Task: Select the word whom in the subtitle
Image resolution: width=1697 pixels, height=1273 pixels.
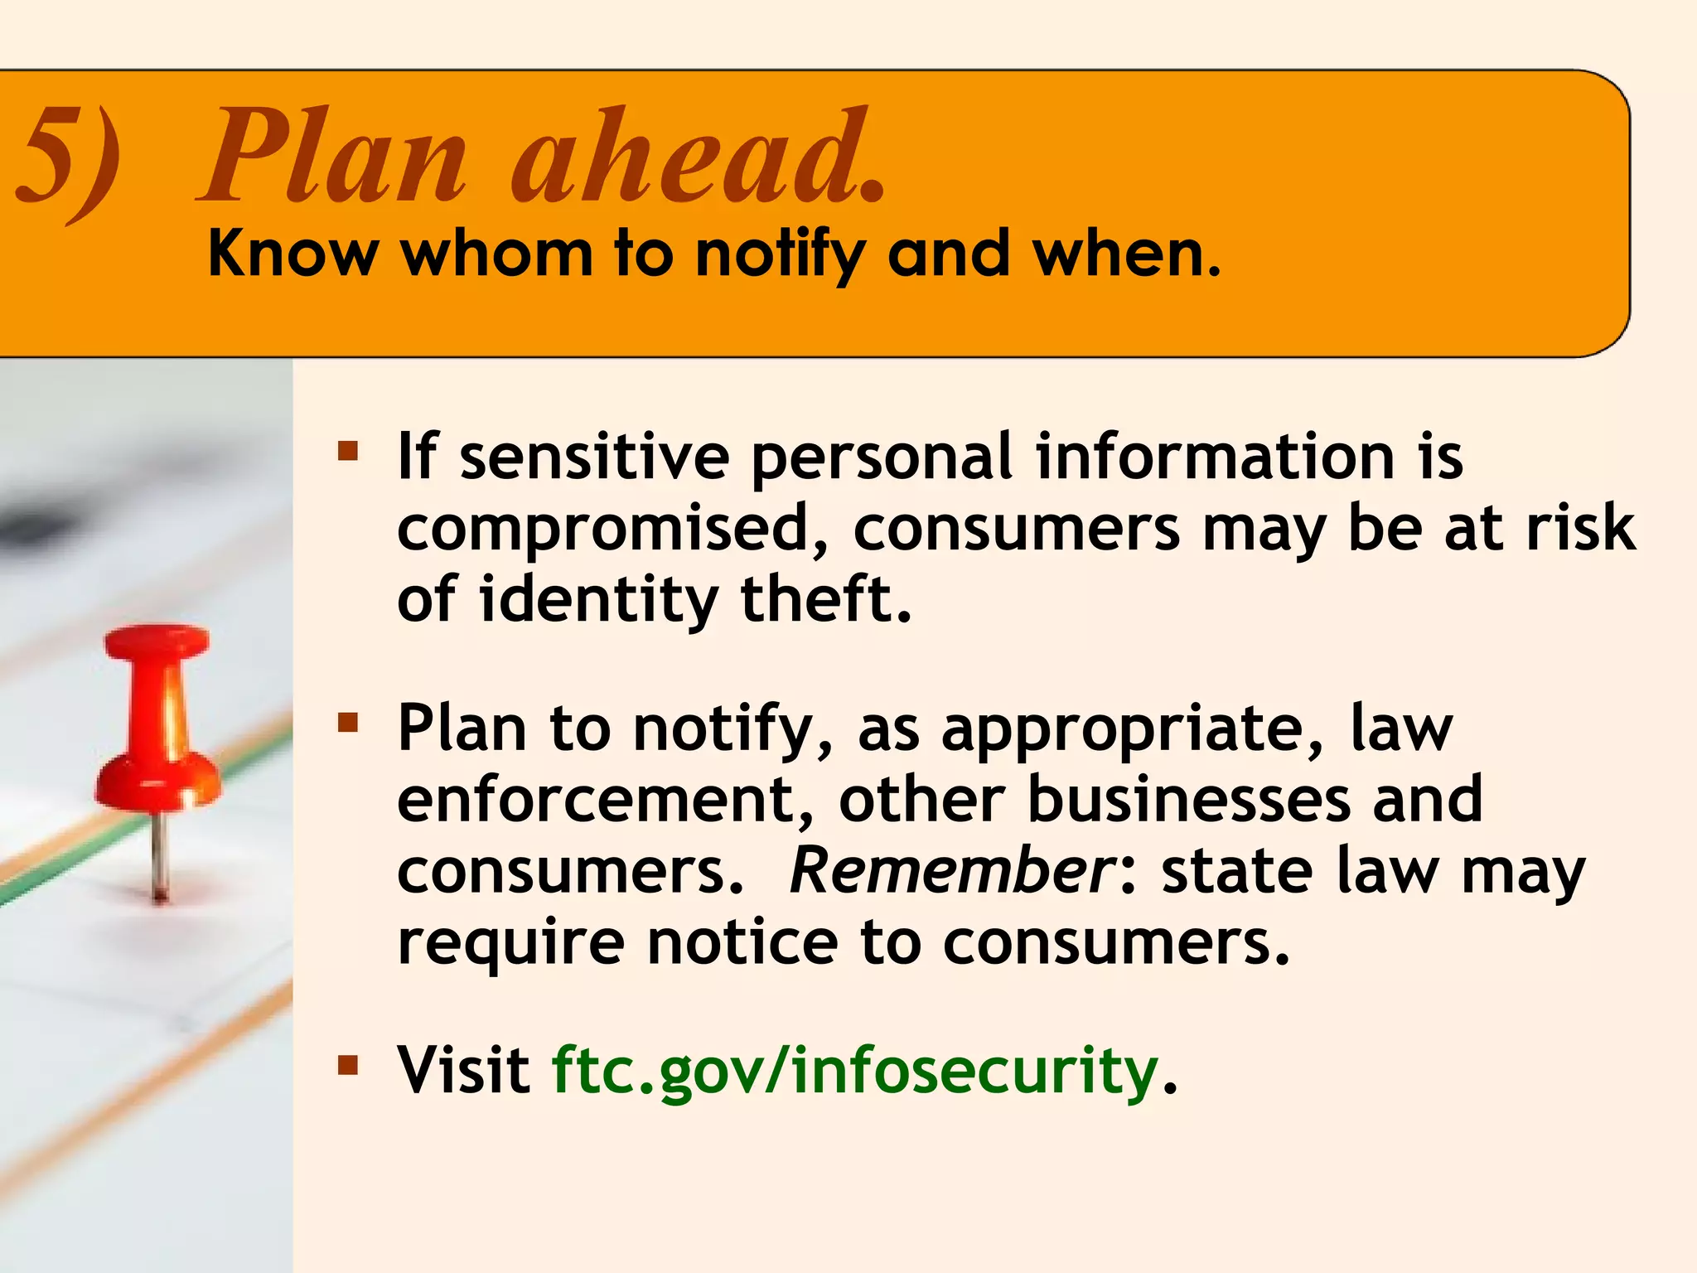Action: point(496,254)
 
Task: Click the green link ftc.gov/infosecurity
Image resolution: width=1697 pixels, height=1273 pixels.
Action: point(854,1070)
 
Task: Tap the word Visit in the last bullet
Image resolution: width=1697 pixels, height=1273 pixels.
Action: point(464,1070)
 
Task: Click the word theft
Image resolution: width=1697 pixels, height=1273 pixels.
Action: point(824,599)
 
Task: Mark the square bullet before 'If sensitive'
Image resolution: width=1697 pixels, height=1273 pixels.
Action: point(348,452)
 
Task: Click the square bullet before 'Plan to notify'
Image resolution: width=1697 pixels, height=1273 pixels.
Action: point(348,724)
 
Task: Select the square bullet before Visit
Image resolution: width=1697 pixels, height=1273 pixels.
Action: point(348,1065)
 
